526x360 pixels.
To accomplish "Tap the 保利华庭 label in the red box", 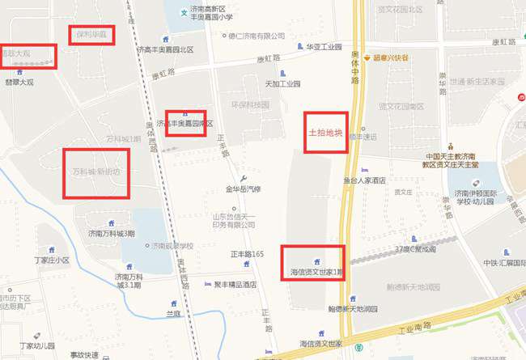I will [91, 36].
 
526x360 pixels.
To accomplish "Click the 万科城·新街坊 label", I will [96, 172].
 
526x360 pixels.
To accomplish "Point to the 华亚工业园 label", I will [324, 47].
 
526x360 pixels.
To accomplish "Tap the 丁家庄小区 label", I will [53, 260].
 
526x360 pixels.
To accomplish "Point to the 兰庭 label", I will [173, 312].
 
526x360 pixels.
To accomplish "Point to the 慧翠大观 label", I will [19, 82].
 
